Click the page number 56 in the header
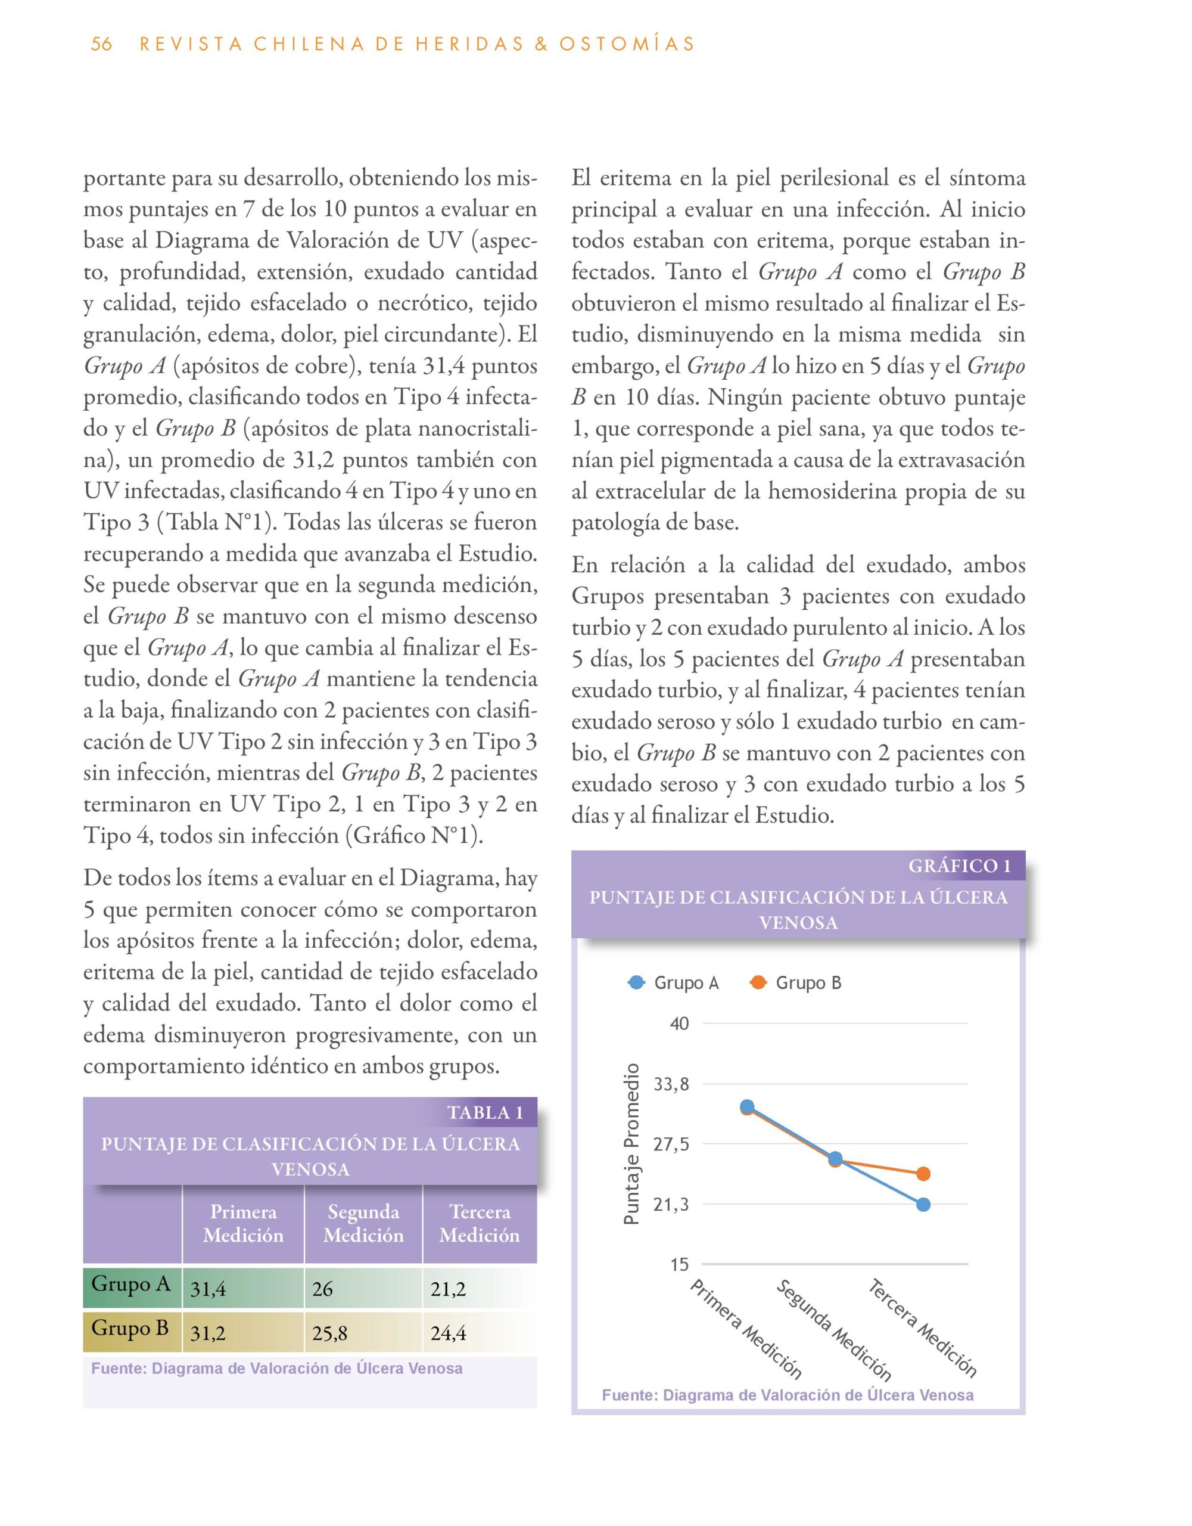101,44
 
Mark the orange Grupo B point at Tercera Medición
923,1174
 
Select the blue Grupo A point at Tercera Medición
923,1205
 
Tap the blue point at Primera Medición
747,1107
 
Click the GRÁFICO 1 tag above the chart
960,866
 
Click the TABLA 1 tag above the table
485,1112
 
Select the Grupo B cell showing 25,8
329,1334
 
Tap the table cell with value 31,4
208,1289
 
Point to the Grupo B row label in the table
130,1328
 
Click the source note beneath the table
276,1369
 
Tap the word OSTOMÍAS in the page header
626,44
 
